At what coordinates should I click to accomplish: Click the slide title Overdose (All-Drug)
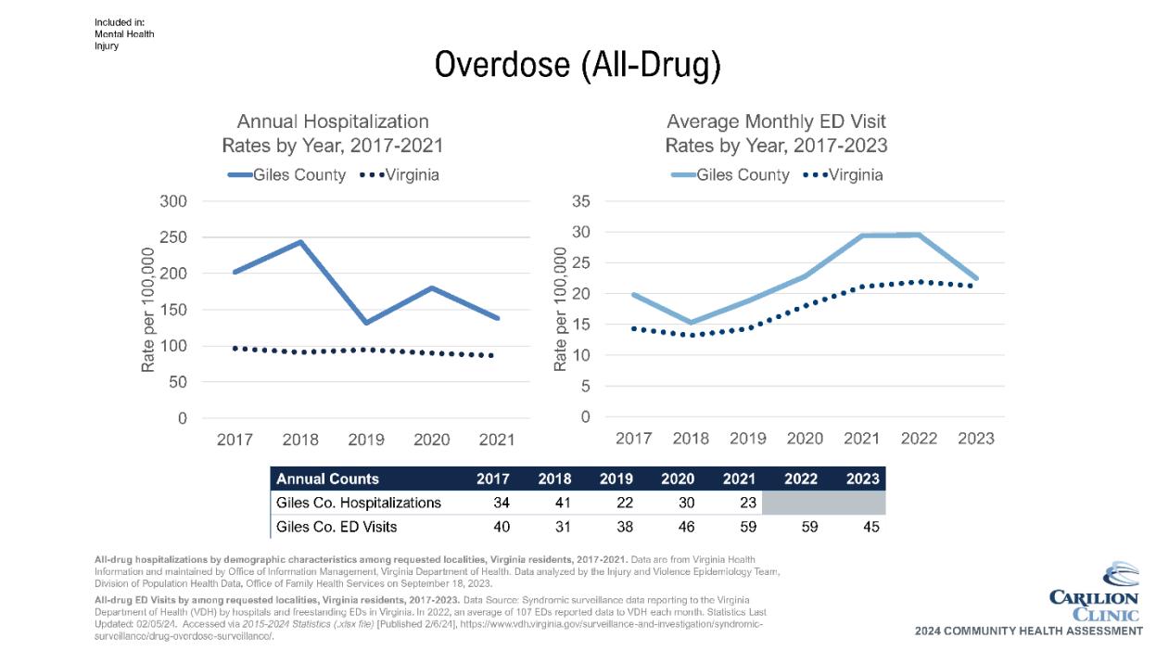[578, 66]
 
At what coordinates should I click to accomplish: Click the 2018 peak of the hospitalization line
[300, 242]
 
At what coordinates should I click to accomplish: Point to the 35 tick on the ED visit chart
[581, 201]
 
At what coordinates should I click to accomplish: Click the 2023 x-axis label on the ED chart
[976, 438]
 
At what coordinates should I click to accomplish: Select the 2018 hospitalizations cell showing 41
[554, 504]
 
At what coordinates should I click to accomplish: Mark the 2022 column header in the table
[801, 479]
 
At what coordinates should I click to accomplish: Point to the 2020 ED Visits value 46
[678, 527]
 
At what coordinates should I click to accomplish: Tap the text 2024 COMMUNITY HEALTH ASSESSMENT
[1028, 632]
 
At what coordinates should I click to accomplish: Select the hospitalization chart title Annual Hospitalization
[333, 121]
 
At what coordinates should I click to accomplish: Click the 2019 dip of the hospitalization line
[365, 323]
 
